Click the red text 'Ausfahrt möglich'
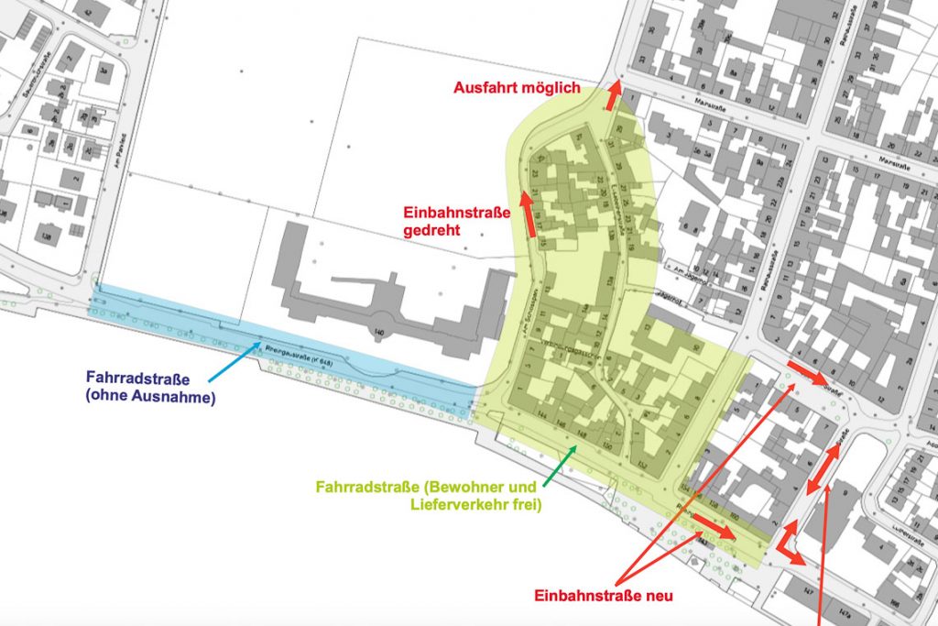[518, 88]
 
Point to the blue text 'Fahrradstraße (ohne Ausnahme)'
[150, 386]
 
